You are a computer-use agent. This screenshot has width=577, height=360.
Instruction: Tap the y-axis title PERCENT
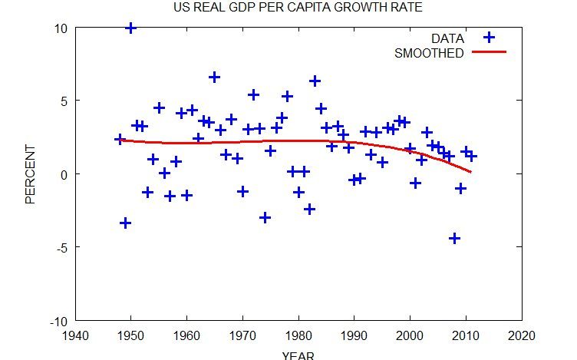pos(31,174)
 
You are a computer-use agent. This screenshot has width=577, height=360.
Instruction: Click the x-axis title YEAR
pos(298,355)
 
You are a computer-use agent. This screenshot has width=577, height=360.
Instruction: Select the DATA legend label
pos(447,38)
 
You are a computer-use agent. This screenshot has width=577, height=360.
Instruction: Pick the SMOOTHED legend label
pos(429,53)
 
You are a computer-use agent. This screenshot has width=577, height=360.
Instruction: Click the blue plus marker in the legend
pos(488,38)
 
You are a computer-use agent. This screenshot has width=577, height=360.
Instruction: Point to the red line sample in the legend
pos(489,52)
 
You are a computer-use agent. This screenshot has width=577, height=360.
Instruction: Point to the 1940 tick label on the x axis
pos(75,335)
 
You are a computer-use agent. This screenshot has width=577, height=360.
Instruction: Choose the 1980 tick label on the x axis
pos(298,335)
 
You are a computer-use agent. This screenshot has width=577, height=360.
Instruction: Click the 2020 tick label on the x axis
pos(521,335)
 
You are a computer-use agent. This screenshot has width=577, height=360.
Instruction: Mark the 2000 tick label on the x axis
pos(410,335)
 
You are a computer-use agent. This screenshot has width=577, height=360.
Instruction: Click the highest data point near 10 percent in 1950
pos(130,28)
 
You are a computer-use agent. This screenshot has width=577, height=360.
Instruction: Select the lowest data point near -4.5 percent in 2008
pos(454,239)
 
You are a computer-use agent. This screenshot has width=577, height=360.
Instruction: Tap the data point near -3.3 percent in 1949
pos(125,223)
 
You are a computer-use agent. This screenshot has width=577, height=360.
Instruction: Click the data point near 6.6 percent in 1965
pos(214,77)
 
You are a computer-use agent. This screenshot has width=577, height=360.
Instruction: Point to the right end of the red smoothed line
pos(470,172)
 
